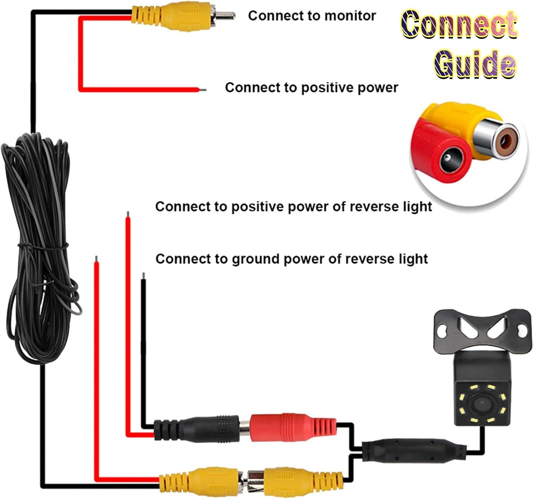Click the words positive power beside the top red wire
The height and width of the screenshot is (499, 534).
pyautogui.click(x=350, y=88)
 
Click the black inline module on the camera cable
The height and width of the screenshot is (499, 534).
pyautogui.click(x=414, y=452)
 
